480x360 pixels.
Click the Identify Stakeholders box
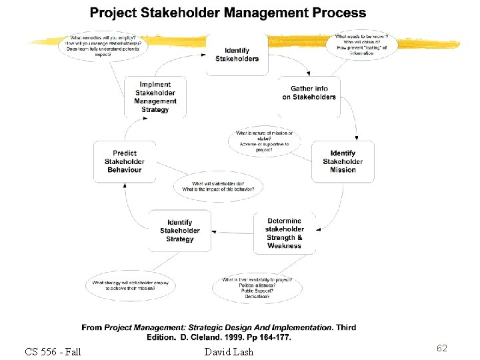pyautogui.click(x=237, y=55)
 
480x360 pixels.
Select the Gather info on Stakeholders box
pyautogui.click(x=309, y=93)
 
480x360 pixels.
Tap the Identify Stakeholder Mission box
pyautogui.click(x=343, y=161)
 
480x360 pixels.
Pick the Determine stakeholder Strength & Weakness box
pyautogui.click(x=285, y=233)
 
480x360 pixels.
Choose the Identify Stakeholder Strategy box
pyautogui.click(x=180, y=231)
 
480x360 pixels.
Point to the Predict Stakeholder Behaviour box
pyautogui.click(x=125, y=161)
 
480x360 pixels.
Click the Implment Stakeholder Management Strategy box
pyautogui.click(x=155, y=97)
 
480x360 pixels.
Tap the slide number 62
pyautogui.click(x=441, y=348)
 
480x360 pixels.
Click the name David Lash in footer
pyautogui.click(x=229, y=351)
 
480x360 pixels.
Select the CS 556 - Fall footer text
pyautogui.click(x=53, y=351)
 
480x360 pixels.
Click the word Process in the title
pyautogui.click(x=338, y=13)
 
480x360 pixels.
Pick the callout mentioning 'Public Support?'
pyautogui.click(x=257, y=287)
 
